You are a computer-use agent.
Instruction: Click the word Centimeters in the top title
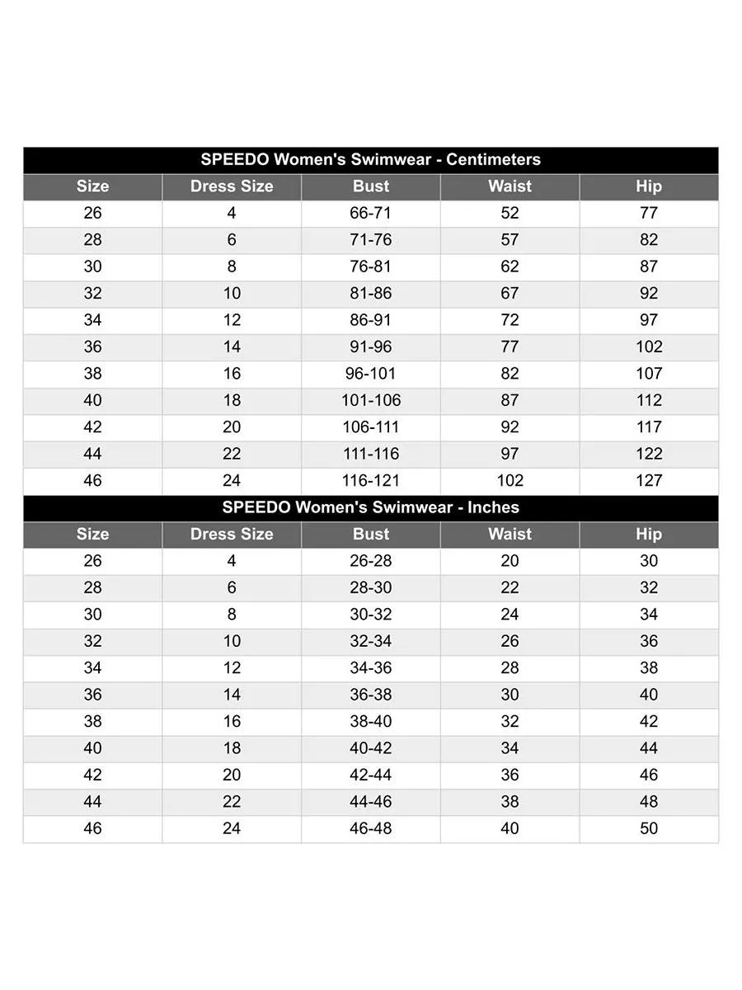pos(493,159)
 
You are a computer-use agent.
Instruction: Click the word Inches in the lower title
pos(493,507)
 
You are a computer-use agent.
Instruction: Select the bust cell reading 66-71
pos(371,213)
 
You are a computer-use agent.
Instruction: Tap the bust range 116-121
pos(371,480)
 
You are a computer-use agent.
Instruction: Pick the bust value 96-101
pos(371,373)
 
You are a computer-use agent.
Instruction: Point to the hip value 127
pos(649,480)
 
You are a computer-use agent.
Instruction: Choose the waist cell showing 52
pos(510,213)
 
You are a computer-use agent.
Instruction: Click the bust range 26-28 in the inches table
pos(371,561)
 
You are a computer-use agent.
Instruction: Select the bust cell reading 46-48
pos(371,828)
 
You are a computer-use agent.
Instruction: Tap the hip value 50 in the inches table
pos(649,828)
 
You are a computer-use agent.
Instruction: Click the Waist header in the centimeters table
pos(510,186)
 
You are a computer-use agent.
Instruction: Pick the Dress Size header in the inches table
pos(232,534)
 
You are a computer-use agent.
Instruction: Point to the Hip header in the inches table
pos(649,534)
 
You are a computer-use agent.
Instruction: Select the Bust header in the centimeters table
pos(371,186)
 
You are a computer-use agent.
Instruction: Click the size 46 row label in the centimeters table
pos(93,480)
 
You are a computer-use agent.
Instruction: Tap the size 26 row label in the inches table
pos(93,561)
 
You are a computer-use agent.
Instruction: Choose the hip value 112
pos(649,400)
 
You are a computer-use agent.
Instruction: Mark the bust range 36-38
pos(371,695)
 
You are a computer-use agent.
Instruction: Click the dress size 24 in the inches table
pos(232,828)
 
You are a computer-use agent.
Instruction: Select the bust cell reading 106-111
pos(371,427)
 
